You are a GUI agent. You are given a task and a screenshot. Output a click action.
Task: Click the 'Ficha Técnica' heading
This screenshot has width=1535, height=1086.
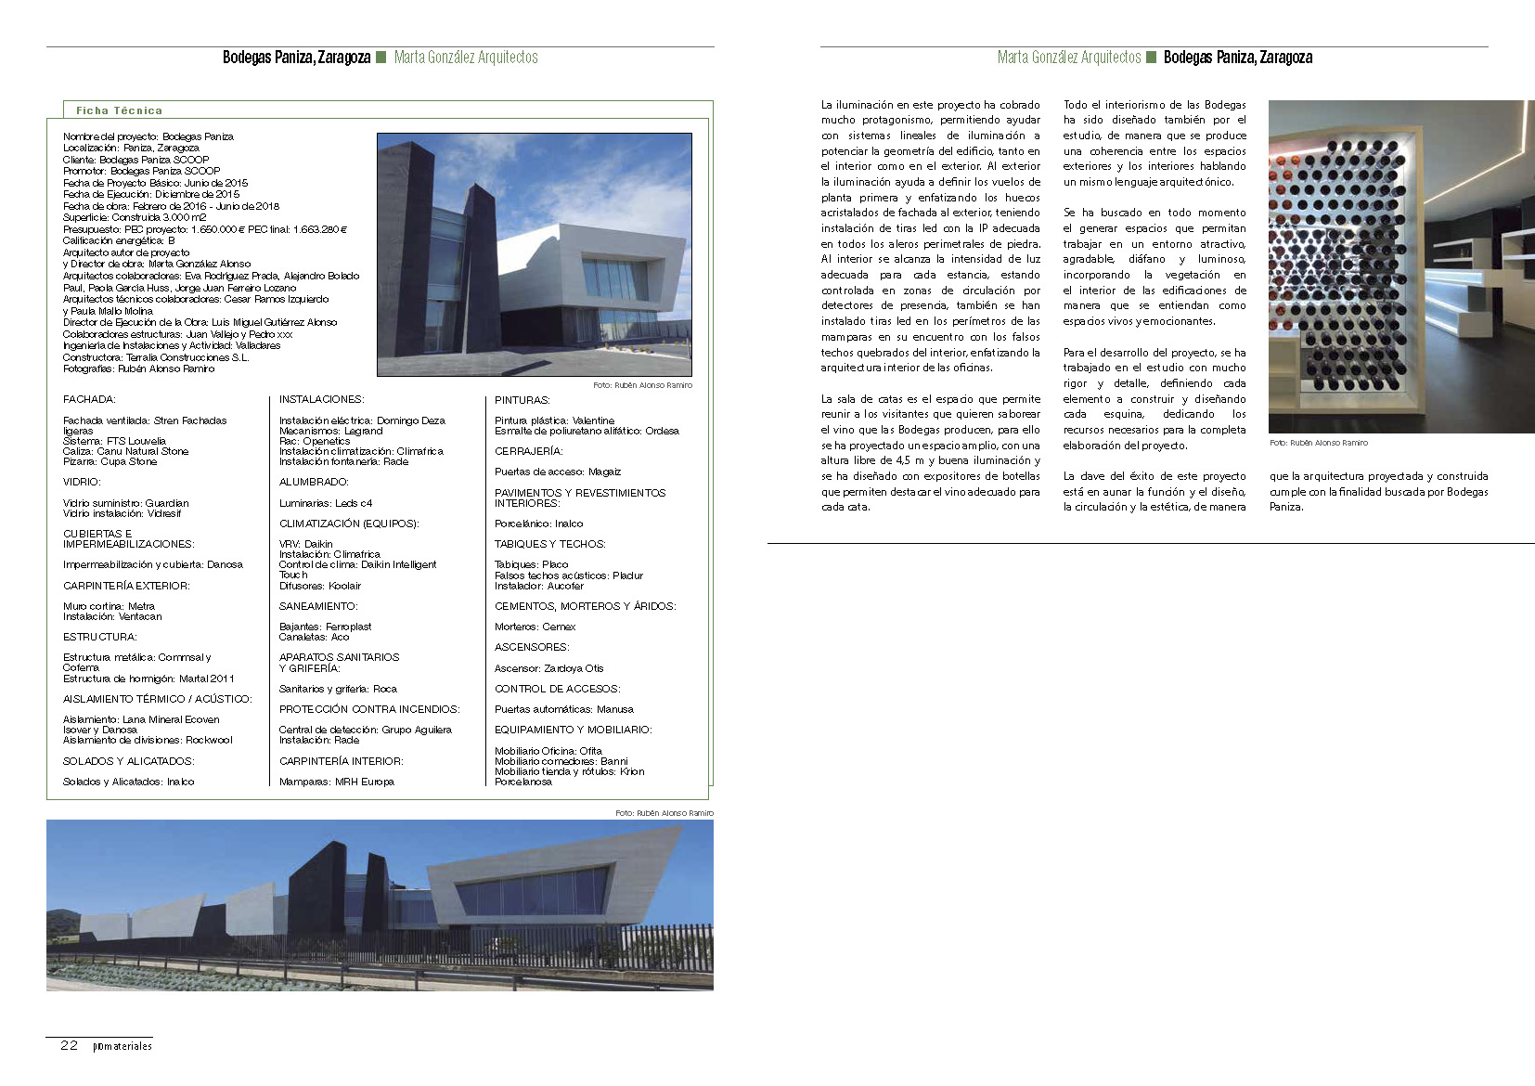click(x=119, y=110)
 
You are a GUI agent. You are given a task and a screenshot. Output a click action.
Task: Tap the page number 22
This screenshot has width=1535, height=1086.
click(x=69, y=1045)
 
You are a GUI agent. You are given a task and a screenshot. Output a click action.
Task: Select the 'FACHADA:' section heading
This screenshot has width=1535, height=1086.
click(x=89, y=399)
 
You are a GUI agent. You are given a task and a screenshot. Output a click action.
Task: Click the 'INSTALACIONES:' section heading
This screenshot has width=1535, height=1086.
click(x=321, y=399)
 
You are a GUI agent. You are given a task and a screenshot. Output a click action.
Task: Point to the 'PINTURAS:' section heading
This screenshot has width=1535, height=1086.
click(x=522, y=400)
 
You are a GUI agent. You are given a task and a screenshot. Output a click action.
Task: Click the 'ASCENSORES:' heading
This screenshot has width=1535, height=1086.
click(x=532, y=647)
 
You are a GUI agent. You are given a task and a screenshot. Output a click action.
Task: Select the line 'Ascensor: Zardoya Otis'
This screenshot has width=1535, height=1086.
click(x=548, y=668)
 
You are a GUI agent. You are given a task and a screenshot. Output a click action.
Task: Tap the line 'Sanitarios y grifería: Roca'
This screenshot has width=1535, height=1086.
click(x=338, y=689)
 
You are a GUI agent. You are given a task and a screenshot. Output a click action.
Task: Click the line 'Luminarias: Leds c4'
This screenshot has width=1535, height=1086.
click(x=326, y=503)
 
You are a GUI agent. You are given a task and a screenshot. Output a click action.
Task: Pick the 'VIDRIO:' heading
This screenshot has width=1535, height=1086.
click(x=82, y=482)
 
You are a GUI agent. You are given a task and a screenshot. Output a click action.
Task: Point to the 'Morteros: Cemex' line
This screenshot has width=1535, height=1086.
click(x=535, y=627)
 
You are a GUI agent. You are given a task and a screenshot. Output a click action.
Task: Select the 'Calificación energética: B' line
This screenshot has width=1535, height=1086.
click(x=119, y=240)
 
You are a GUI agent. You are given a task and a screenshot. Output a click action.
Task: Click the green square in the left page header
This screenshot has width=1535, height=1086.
click(x=381, y=58)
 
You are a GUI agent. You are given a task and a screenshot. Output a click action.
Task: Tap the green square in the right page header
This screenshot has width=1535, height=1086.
click(x=1152, y=58)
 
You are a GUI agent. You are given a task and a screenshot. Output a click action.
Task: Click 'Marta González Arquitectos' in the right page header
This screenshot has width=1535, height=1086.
click(x=1068, y=58)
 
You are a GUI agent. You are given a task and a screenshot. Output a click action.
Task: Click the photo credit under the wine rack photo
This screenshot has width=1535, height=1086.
click(x=1318, y=443)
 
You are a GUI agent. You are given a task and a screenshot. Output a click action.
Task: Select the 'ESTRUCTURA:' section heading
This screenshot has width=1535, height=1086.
click(x=99, y=637)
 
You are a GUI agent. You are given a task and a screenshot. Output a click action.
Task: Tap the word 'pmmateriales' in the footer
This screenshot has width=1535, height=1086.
click(x=123, y=1046)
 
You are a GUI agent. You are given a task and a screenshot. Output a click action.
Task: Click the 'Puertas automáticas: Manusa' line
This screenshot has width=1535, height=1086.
click(x=563, y=709)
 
